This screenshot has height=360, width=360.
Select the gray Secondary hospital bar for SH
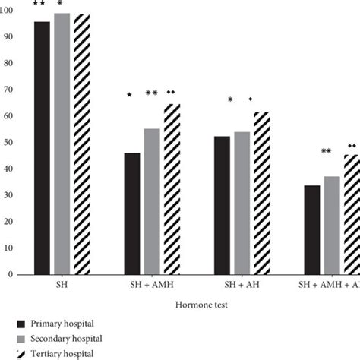(62, 144)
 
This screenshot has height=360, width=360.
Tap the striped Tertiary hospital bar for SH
(82, 144)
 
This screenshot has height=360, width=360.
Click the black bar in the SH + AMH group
(132, 213)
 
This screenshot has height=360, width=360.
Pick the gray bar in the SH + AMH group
(152, 201)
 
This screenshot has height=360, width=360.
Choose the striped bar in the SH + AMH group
(172, 189)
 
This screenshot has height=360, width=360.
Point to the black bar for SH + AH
(223, 205)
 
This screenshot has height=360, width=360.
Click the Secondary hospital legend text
(68, 339)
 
